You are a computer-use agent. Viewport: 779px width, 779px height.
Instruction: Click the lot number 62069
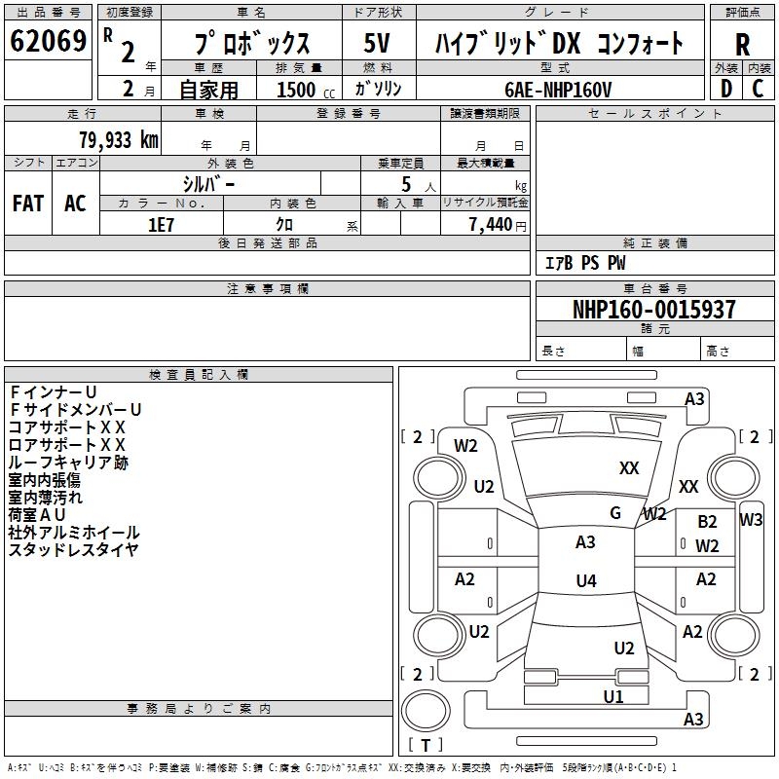click(x=48, y=43)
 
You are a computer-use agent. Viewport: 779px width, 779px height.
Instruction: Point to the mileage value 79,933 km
click(x=118, y=139)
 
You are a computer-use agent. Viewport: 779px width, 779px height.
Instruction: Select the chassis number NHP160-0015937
click(x=653, y=310)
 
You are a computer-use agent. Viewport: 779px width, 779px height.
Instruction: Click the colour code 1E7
click(x=161, y=224)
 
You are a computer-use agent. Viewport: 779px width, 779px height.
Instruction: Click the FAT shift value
click(x=28, y=204)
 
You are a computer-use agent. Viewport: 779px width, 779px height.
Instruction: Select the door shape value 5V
click(x=378, y=43)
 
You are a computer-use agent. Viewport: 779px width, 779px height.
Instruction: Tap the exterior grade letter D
click(x=725, y=89)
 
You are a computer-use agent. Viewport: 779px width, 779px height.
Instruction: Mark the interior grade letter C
click(x=758, y=89)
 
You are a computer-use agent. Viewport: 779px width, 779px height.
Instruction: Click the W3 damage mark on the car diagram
click(x=751, y=519)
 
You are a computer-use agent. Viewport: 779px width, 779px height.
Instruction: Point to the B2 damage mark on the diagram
click(x=707, y=523)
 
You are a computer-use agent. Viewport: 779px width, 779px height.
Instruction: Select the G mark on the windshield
click(x=615, y=512)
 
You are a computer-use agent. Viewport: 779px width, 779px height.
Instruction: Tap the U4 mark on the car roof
click(x=585, y=581)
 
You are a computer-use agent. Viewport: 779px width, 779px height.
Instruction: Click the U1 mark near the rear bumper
click(x=612, y=696)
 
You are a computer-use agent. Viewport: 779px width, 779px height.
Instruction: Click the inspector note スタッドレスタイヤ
click(x=73, y=550)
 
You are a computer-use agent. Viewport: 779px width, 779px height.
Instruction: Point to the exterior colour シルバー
click(x=208, y=182)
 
